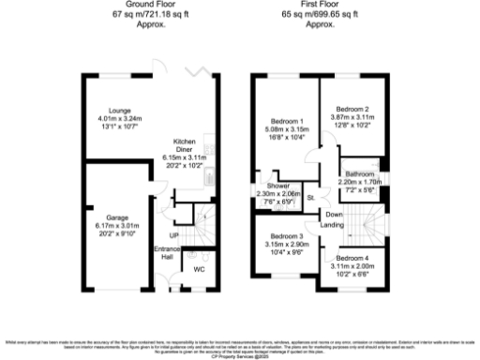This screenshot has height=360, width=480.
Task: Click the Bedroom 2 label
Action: click(352, 110)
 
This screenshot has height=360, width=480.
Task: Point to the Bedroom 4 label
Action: click(352, 257)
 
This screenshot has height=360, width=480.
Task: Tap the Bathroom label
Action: click(358, 174)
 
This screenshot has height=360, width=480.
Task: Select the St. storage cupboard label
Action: click(310, 197)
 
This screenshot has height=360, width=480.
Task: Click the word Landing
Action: click(331, 226)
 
